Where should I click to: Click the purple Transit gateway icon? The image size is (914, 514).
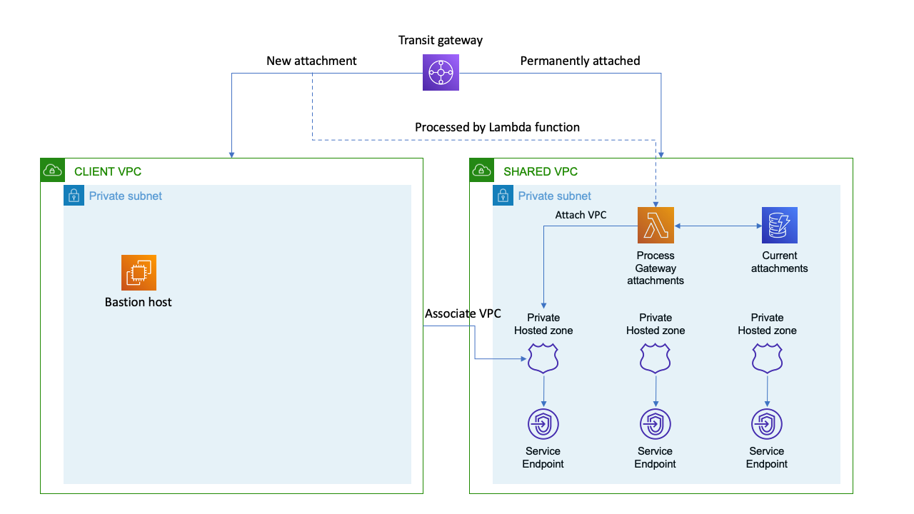coord(441,72)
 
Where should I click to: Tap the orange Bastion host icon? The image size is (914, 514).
coord(139,273)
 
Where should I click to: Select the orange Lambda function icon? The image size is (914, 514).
coord(656,226)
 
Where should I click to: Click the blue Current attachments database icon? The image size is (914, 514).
coord(779,226)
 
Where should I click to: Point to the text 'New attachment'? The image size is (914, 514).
coord(311,61)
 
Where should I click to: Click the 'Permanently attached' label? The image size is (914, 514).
coord(580,61)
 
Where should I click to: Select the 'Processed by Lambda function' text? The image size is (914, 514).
coord(497,127)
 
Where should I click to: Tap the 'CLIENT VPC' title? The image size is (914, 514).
coord(108,171)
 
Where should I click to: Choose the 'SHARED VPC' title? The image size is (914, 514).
coord(541,171)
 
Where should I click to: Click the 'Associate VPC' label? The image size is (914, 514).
coord(463,313)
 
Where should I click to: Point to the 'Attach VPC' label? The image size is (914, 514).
coord(581,214)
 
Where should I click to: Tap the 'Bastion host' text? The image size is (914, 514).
coord(139,302)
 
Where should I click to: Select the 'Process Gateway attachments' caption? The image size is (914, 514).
coord(656,268)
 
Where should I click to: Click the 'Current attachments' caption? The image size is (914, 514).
coord(779,262)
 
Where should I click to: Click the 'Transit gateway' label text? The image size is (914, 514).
coord(441,40)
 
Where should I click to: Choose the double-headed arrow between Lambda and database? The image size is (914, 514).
coord(717,226)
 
